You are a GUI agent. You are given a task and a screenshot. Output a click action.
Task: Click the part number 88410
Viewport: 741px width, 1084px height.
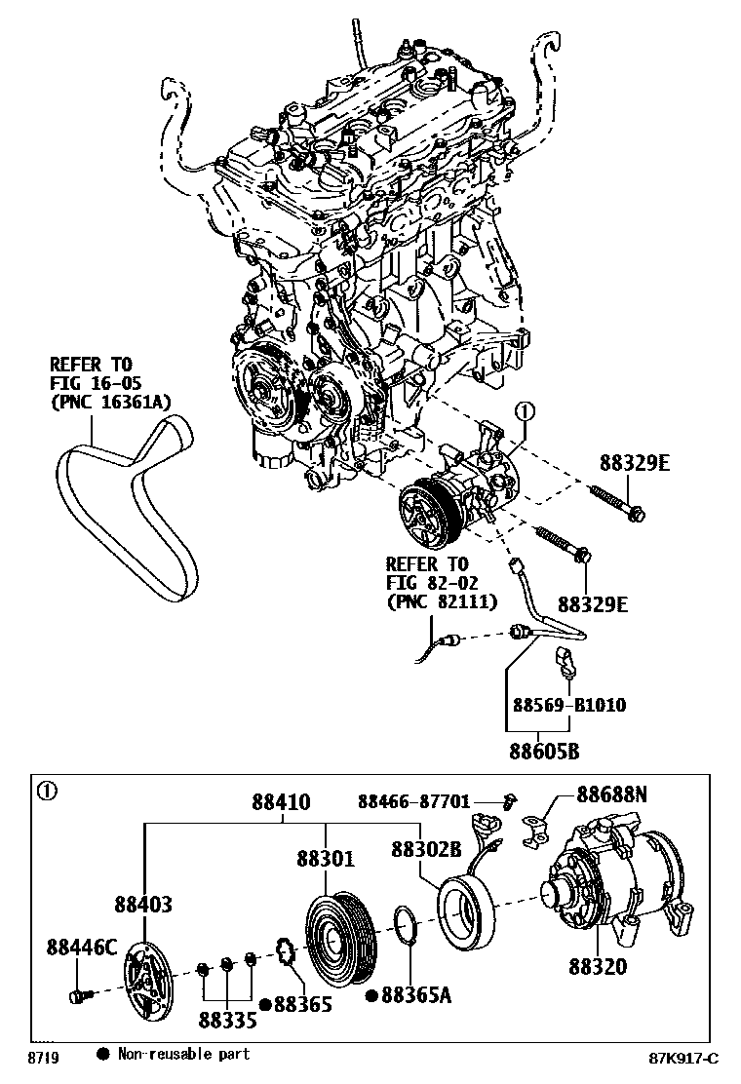282,803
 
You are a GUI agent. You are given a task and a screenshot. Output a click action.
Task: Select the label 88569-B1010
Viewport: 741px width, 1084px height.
569,705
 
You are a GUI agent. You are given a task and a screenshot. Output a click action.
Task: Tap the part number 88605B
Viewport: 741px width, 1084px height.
542,751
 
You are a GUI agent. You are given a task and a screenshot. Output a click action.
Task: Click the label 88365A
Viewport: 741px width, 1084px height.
416,994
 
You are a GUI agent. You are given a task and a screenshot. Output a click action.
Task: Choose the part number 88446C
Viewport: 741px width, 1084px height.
82,946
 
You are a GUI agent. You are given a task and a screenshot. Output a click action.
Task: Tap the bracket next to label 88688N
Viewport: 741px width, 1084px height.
533,831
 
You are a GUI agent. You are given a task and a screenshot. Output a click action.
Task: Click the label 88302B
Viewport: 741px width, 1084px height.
426,848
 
